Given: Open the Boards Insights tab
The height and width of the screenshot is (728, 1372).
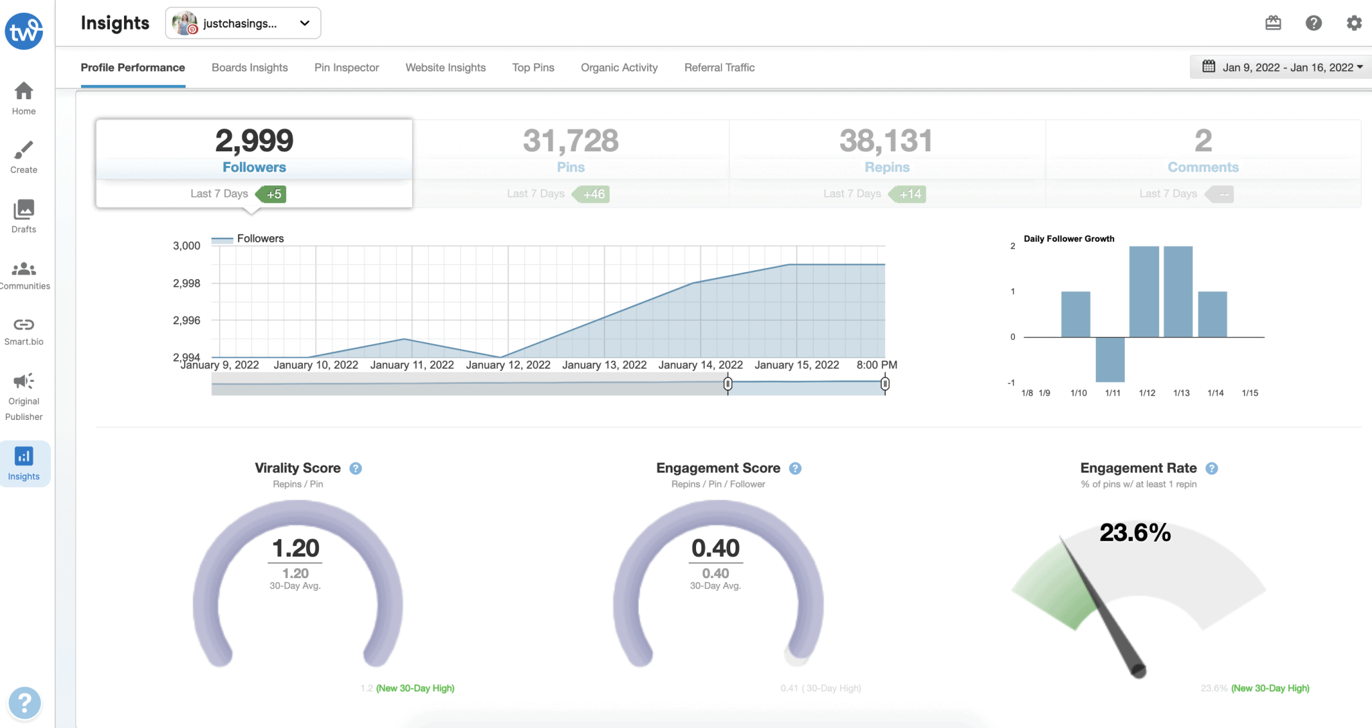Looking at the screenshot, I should [x=249, y=68].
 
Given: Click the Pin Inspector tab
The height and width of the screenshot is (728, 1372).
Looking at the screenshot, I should [x=346, y=68].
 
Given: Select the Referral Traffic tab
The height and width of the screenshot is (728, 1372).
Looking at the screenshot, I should [x=719, y=68].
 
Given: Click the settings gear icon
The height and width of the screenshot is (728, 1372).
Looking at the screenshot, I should [x=1354, y=23].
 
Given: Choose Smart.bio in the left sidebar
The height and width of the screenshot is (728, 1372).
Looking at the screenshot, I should [x=24, y=332].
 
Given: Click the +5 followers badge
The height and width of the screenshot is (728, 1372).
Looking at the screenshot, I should [x=273, y=194].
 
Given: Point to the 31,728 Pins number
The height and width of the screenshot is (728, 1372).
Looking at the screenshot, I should [x=571, y=141].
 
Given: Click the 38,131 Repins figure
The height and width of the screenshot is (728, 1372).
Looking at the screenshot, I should [x=886, y=141].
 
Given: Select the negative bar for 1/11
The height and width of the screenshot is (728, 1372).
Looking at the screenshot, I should [x=1110, y=359].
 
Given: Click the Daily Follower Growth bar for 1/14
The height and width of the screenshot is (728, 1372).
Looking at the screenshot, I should [x=1212, y=314].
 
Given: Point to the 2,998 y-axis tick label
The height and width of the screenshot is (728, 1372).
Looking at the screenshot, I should [x=187, y=283].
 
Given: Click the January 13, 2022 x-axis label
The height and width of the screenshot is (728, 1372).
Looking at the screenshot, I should [x=604, y=365].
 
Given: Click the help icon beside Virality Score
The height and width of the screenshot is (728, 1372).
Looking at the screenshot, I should [x=356, y=469].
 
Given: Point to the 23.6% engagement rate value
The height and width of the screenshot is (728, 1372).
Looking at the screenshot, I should [x=1135, y=533].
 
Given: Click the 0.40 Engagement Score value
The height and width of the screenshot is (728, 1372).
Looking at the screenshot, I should [x=715, y=549].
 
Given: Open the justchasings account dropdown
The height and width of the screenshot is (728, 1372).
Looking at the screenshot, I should [x=243, y=23].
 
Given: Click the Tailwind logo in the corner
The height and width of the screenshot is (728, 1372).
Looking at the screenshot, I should [x=24, y=31].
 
